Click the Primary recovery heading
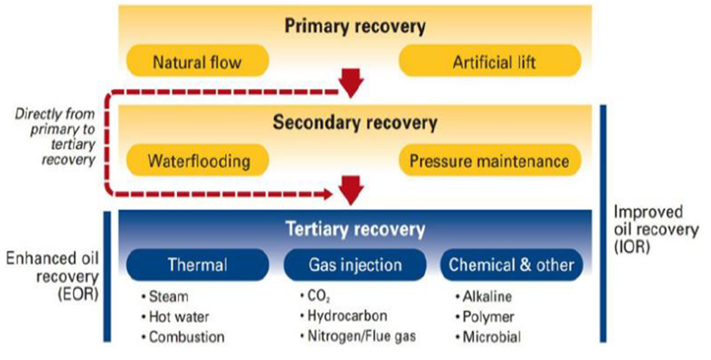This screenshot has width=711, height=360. pyautogui.click(x=355, y=26)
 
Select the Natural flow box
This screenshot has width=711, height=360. pyautogui.click(x=197, y=62)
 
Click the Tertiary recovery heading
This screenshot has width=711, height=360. pyautogui.click(x=355, y=228)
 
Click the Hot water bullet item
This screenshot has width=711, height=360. pyautogui.click(x=180, y=316)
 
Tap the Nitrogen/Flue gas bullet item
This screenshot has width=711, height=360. pyautogui.click(x=358, y=337)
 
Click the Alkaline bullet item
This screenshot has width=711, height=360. pyautogui.click(x=486, y=296)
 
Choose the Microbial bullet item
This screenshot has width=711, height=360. pyautogui.click(x=489, y=337)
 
